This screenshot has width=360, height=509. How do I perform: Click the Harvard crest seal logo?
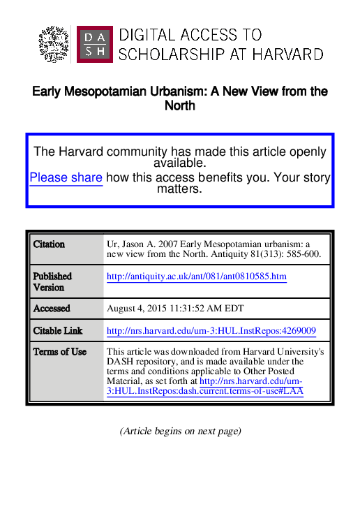click(x=54, y=44)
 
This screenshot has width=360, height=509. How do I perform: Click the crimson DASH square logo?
click(x=93, y=44)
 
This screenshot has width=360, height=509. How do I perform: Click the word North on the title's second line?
click(x=180, y=105)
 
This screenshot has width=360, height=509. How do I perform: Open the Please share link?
click(x=66, y=177)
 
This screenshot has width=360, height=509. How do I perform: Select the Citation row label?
click(x=49, y=244)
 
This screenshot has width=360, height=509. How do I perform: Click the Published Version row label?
click(x=52, y=281)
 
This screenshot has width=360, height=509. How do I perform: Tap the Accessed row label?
click(x=52, y=308)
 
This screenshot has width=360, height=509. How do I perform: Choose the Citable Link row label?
click(x=58, y=330)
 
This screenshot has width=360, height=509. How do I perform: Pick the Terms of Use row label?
click(x=60, y=351)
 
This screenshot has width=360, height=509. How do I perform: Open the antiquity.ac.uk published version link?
click(x=196, y=277)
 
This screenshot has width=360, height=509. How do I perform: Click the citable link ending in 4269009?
click(x=211, y=330)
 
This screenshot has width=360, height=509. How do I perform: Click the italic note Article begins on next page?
click(x=180, y=431)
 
